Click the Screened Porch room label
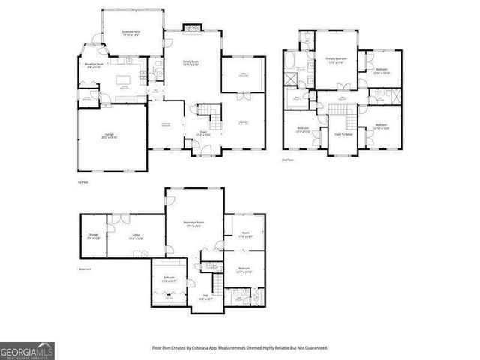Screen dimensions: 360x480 (133, 31)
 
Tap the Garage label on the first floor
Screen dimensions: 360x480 (109, 137)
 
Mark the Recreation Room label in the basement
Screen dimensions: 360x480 (196, 224)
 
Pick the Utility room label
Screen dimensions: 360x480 (136, 237)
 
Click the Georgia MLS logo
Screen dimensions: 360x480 (27, 351)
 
